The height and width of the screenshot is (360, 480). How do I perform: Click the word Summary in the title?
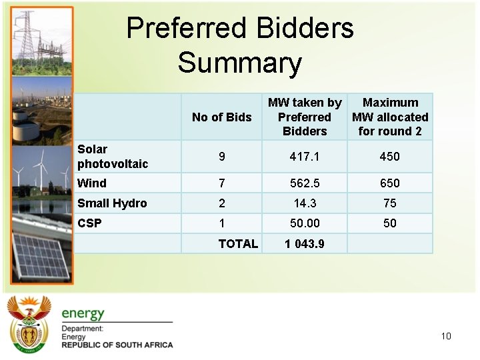tap(240, 63)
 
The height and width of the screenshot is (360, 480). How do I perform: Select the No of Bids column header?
tap(221, 117)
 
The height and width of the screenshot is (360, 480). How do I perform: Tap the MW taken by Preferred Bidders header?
tap(305, 117)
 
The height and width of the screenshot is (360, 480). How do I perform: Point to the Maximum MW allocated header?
tap(390, 117)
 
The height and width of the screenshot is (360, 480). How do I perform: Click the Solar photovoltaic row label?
tap(112, 156)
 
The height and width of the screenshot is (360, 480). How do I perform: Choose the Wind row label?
tap(92, 183)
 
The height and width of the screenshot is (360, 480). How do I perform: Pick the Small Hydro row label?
tap(112, 203)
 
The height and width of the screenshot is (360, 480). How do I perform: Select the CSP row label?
tap(89, 223)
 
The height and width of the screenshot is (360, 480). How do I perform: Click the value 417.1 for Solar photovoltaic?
tap(305, 157)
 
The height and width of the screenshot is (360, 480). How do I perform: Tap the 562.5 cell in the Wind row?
tap(305, 183)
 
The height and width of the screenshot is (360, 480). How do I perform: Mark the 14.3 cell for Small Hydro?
tap(305, 203)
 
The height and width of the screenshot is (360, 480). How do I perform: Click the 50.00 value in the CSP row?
tap(305, 223)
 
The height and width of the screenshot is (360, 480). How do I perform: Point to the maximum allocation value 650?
tap(390, 183)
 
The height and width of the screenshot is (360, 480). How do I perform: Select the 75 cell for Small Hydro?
tap(390, 203)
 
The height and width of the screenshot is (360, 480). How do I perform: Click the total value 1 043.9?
tap(305, 244)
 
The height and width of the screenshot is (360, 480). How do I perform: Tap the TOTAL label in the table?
tap(238, 244)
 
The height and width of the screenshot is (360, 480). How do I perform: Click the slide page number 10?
tap(446, 336)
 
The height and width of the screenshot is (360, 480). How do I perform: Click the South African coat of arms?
tap(29, 325)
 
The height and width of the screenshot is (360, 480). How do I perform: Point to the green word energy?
tap(83, 313)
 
